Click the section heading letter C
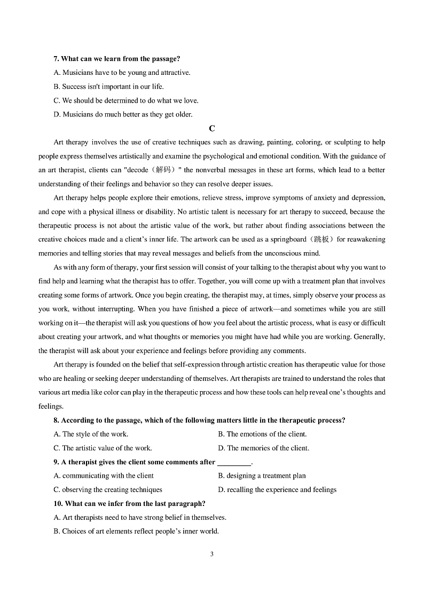pos(212,128)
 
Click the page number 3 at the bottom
pos(212,554)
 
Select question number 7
pos(57,59)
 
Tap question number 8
pos(57,420)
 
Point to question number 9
pos(57,462)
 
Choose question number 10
pos(58,504)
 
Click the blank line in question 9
pos(234,463)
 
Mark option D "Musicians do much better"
pos(123,114)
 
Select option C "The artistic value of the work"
pos(103,448)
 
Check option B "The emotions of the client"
pos(262,434)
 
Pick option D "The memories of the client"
pos(263,448)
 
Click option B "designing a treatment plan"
pos(262,476)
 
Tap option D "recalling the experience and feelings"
pos(277,490)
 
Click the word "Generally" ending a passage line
pos(370,337)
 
